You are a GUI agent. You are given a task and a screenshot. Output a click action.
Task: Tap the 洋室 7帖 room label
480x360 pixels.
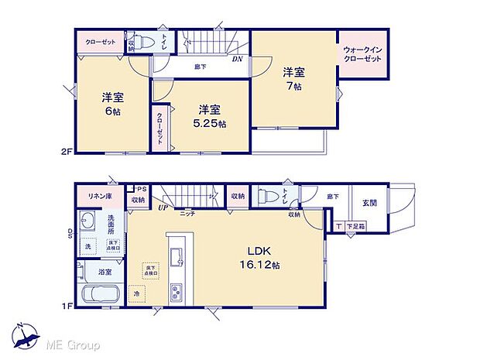tap(293, 79)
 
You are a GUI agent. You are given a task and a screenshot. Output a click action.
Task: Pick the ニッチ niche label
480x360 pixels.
tap(187, 212)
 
